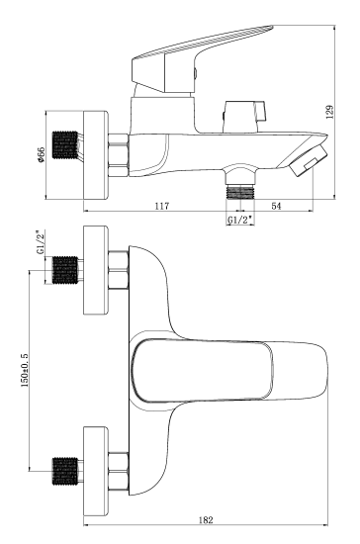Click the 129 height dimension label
coord(329,112)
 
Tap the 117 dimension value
coord(162,206)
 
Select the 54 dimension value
coord(276,206)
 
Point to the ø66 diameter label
coord(41,154)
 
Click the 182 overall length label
coord(206,520)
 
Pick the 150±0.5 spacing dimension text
coord(25,370)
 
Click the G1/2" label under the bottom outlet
coord(239,220)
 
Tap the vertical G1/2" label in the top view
coord(41,242)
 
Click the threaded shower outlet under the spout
coord(240,192)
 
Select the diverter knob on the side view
coord(244,117)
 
